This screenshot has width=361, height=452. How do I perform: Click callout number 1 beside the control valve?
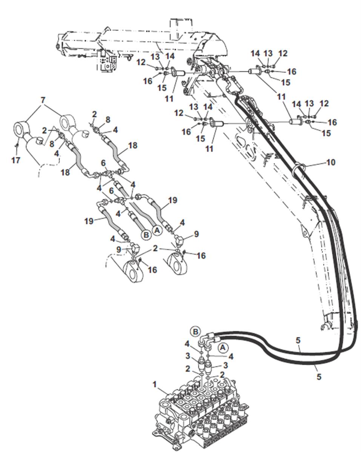click(x=154, y=384)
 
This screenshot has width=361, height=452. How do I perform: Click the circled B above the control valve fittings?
click(x=195, y=331)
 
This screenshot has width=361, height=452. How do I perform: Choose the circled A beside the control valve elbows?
click(x=223, y=346)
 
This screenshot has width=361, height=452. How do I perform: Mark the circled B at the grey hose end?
click(x=146, y=234)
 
